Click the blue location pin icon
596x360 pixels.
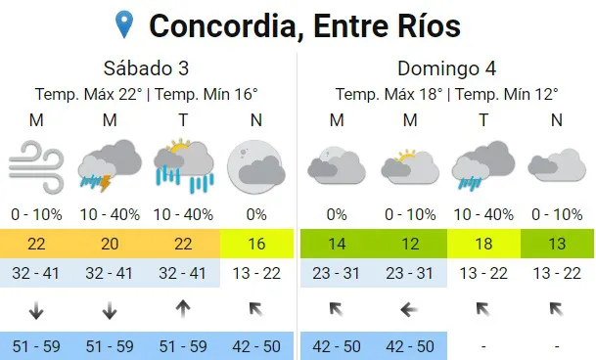point(124,23)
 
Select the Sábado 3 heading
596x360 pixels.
point(146,68)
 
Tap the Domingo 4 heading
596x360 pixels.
point(446,68)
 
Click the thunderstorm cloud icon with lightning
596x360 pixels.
point(109,164)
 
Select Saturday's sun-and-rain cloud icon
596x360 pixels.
point(183,164)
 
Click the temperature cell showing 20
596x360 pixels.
point(109,243)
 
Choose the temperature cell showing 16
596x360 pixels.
point(255,243)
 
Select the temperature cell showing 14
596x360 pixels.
point(337,243)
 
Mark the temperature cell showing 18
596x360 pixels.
point(483,243)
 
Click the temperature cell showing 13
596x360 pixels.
point(557,243)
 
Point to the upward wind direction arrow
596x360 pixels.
point(182,310)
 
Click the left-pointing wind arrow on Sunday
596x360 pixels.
point(410,310)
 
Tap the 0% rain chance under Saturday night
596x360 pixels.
point(255,214)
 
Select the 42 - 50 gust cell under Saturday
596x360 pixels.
point(255,345)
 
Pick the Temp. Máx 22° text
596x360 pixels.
point(89,94)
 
